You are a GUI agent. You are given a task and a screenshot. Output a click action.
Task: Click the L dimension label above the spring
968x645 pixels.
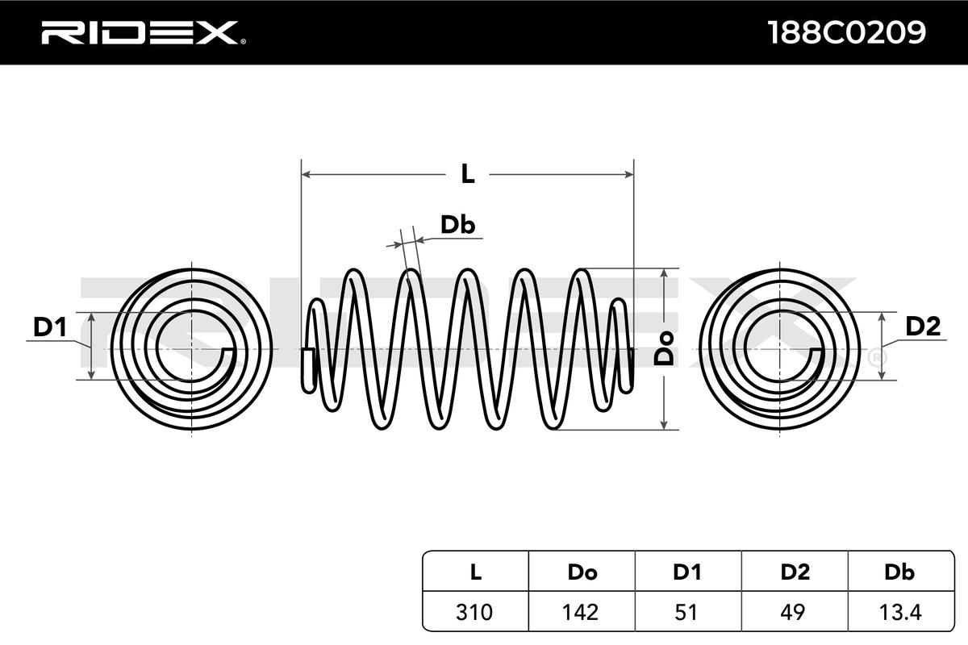[467, 173]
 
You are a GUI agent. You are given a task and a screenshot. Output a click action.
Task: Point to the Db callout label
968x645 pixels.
[457, 226]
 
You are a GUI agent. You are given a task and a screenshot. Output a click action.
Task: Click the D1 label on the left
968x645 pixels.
[49, 327]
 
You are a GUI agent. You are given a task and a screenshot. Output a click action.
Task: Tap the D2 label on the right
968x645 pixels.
[923, 327]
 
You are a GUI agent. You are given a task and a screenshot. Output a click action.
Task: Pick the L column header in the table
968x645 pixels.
[476, 572]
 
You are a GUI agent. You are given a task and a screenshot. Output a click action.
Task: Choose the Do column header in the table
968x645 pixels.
[582, 572]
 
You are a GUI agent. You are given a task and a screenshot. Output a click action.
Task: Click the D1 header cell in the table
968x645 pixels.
[686, 572]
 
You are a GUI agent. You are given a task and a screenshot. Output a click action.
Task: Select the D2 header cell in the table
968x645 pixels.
[795, 572]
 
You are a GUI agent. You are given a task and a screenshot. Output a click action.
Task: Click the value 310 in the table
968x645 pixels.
[476, 612]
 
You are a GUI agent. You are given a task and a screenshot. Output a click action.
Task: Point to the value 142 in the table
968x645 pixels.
[582, 612]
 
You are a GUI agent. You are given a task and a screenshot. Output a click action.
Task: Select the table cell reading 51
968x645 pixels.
[686, 612]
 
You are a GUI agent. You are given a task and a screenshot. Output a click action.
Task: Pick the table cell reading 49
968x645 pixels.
[795, 612]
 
